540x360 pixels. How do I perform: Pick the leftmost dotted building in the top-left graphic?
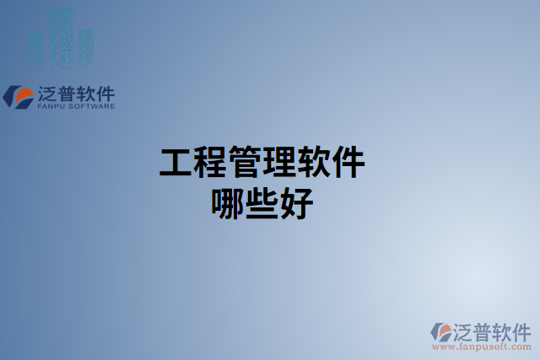(35, 49)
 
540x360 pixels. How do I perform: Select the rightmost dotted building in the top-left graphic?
(86, 47)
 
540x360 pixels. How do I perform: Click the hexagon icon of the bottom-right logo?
(441, 331)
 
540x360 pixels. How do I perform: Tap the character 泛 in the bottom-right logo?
(464, 330)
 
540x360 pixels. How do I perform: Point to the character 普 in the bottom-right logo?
(484, 330)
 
